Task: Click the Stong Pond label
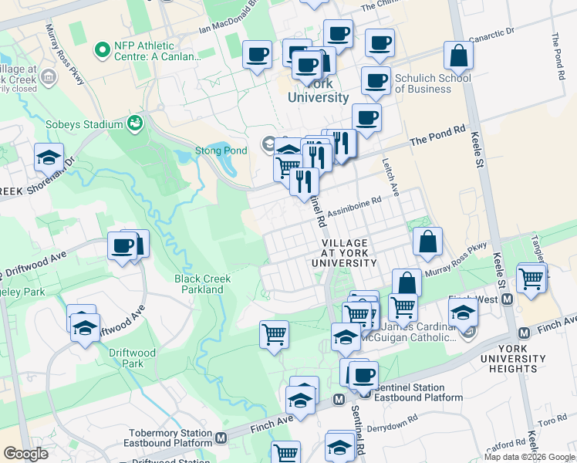pyautogui.click(x=221, y=150)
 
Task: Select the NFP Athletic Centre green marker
pyautogui.click(x=101, y=50)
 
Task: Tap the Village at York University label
pyautogui.click(x=344, y=253)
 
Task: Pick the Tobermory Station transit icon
pyautogui.click(x=221, y=438)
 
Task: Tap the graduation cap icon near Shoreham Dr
pyautogui.click(x=49, y=157)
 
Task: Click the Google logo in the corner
pyautogui.click(x=25, y=455)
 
